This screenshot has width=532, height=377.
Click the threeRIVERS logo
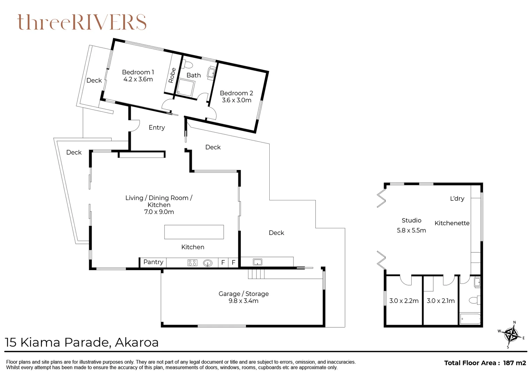(82, 22)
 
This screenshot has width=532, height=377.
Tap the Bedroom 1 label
(138, 72)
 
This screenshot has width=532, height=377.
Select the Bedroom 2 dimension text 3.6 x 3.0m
(237, 100)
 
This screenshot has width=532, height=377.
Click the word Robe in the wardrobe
(172, 75)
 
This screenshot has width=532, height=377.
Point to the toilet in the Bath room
(188, 65)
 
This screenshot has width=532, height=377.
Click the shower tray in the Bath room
(185, 88)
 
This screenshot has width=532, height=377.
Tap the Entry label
(157, 127)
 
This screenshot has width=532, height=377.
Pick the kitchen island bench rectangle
(194, 232)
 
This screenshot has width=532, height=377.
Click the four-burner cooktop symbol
(192, 263)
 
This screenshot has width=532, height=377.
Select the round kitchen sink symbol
(208, 263)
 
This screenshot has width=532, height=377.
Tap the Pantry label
(153, 262)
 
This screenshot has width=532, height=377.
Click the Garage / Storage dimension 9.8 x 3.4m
(243, 301)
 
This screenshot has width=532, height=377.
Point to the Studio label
(411, 220)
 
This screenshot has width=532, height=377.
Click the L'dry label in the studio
(457, 199)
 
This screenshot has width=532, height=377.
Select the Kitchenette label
(452, 223)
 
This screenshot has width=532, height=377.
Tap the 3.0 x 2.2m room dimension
(404, 301)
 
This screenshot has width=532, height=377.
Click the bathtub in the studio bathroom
(470, 319)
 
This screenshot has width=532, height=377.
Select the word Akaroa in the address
(137, 342)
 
